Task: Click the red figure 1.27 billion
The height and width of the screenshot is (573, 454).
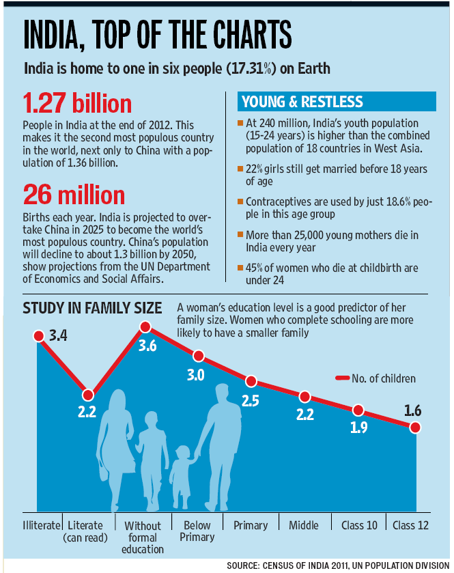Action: (x=77, y=103)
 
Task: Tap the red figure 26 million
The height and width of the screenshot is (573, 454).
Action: (x=74, y=195)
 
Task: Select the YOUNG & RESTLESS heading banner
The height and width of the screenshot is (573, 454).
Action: (x=337, y=101)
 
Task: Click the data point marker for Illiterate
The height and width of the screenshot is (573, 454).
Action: (x=39, y=336)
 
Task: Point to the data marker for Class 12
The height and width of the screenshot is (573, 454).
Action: (x=415, y=428)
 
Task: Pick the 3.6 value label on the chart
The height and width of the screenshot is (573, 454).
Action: (x=147, y=346)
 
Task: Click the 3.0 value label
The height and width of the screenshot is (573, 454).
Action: (x=196, y=376)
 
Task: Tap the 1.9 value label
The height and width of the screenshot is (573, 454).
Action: (x=358, y=428)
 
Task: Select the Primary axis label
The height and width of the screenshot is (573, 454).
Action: (x=251, y=525)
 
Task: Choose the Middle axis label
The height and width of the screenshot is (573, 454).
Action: (x=304, y=525)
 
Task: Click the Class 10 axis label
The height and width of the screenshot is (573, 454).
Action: (x=359, y=525)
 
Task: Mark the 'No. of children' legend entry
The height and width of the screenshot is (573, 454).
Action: (x=375, y=378)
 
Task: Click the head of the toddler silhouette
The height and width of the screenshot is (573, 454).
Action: (x=182, y=453)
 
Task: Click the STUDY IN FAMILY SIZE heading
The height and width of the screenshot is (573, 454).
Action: (x=92, y=308)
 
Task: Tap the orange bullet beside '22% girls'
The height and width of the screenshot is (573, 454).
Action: (x=240, y=169)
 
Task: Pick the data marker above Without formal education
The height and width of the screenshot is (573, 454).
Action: (x=145, y=326)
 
